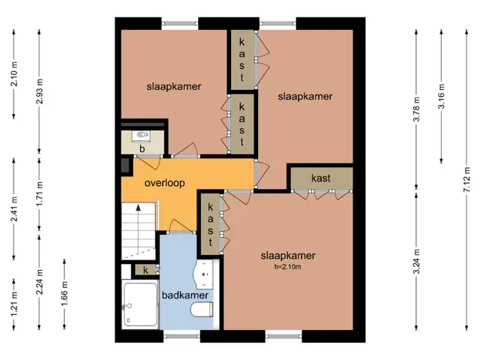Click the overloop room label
pos(164,183)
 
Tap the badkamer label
pos(185,295)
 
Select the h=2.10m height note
pos(287,267)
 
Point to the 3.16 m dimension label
pos(441,96)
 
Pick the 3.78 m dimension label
pos(416,109)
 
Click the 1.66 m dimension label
pos(64,294)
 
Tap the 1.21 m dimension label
pos(14,304)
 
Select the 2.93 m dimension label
pos(39,91)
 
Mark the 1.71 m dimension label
pos(39,194)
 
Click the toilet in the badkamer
pos(202,309)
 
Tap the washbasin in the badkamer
pos(203,274)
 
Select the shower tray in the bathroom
pos(140,304)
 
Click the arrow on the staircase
pos(138,228)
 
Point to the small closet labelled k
pos(145,270)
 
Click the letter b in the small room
pos(142,149)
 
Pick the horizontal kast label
pos(320,178)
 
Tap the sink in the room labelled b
pos(141,136)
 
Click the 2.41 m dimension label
pos(14,209)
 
